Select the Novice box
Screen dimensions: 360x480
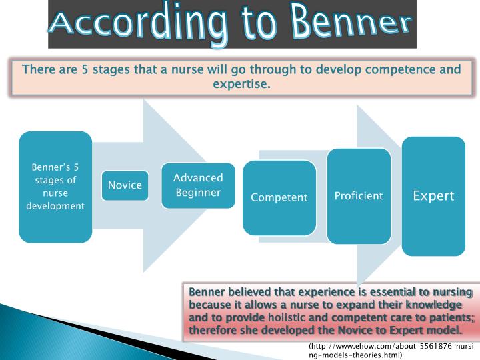[x=125, y=185]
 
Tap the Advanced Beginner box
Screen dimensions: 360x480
[x=198, y=185]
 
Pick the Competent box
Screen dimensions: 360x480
[x=279, y=197]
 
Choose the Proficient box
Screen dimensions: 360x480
[x=359, y=195]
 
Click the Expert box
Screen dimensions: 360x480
[x=433, y=195]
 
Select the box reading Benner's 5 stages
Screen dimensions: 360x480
[x=55, y=187]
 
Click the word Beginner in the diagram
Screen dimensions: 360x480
[x=198, y=193]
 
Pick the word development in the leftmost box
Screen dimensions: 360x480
[x=55, y=205]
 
